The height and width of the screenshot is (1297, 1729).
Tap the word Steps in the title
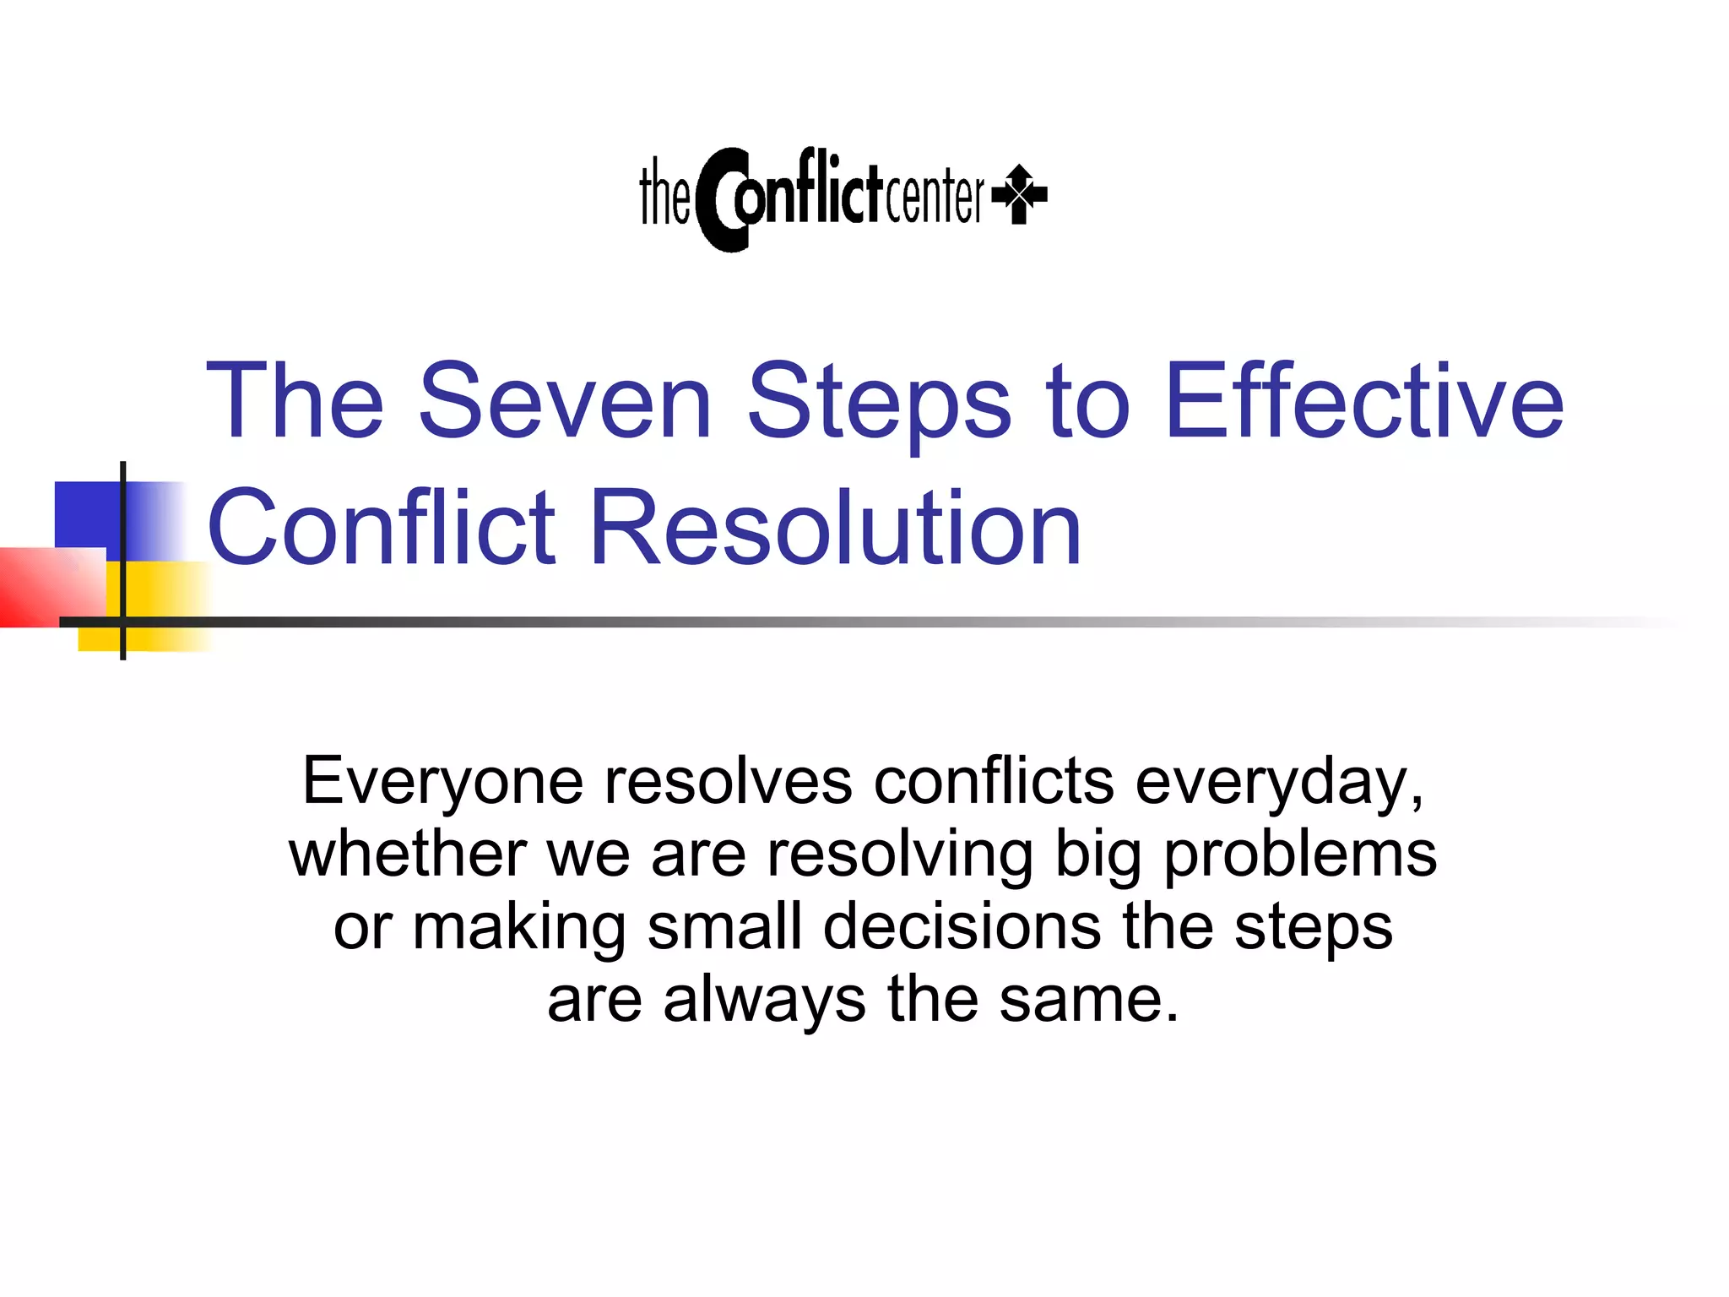(x=879, y=404)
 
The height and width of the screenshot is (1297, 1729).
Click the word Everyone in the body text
(x=442, y=782)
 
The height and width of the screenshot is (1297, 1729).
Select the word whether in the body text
(x=408, y=854)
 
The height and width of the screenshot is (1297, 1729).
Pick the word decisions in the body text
(x=962, y=926)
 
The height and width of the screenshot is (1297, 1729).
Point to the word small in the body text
(x=724, y=926)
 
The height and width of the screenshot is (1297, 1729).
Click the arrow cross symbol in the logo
(x=1020, y=194)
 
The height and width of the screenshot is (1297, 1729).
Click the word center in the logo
(x=935, y=196)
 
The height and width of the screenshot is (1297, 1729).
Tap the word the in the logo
(x=664, y=194)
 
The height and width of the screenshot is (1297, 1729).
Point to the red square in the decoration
(x=46, y=587)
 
